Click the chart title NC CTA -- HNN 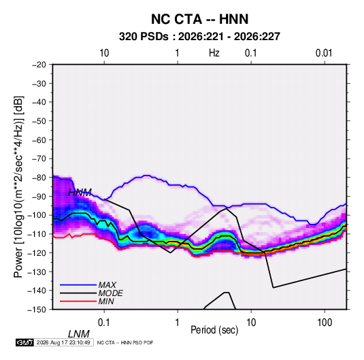click(x=199, y=19)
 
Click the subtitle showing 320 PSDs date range click(x=199, y=37)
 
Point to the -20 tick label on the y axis click(x=39, y=65)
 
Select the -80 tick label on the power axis click(x=39, y=178)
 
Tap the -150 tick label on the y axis click(x=37, y=310)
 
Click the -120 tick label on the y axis click(x=37, y=252)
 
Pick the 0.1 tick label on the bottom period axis click(x=103, y=323)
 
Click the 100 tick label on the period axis click(x=325, y=323)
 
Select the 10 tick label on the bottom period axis click(x=251, y=323)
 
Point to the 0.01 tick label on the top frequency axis click(x=324, y=53)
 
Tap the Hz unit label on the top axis click(x=214, y=53)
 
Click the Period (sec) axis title click(x=214, y=330)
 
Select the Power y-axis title click(x=18, y=187)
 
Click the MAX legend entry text click(x=107, y=285)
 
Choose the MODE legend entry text click(x=110, y=293)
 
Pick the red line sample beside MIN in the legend click(x=78, y=301)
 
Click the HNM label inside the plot click(x=80, y=193)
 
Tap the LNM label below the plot click(x=79, y=334)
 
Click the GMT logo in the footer click(x=25, y=342)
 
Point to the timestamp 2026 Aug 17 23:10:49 click(x=63, y=342)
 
